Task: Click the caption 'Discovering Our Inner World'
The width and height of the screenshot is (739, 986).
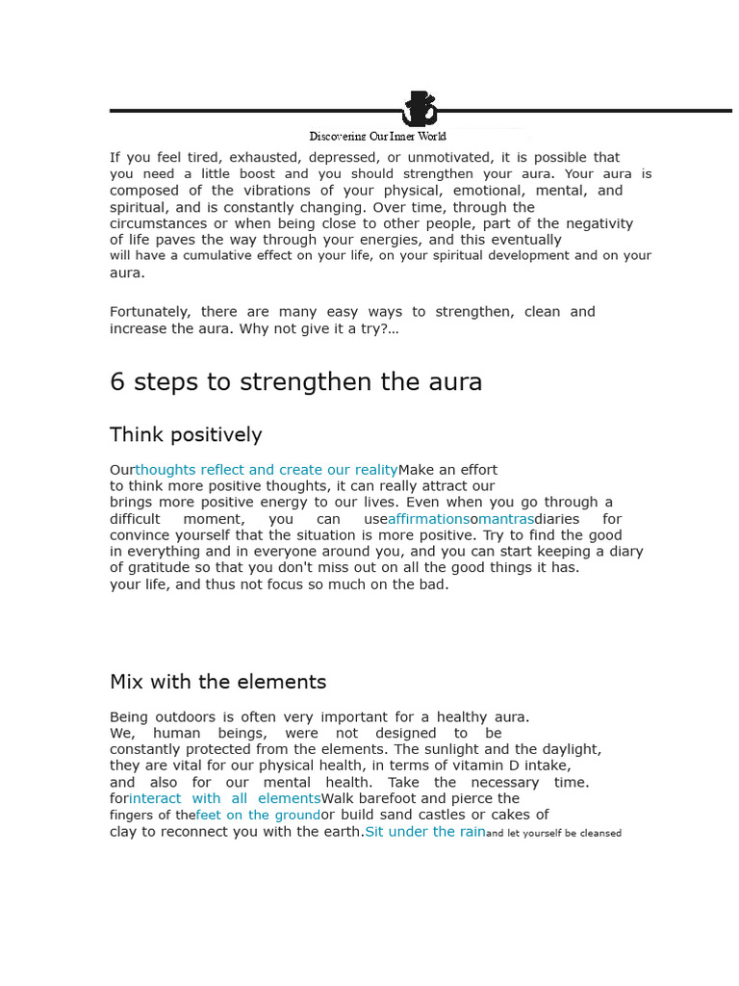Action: tap(377, 136)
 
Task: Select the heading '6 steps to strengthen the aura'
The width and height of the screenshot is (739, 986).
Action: tap(295, 382)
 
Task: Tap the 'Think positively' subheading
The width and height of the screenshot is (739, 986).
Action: tap(186, 434)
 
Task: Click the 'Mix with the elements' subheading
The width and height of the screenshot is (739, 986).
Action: tap(217, 682)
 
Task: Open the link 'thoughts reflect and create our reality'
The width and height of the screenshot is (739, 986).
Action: tap(267, 470)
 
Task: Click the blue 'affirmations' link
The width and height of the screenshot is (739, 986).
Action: tap(428, 519)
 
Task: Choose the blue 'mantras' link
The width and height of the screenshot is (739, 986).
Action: tap(506, 519)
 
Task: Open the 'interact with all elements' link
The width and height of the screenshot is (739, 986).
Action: tap(224, 798)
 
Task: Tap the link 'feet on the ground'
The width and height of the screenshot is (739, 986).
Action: tap(258, 816)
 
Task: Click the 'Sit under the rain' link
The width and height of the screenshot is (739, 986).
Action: tap(425, 832)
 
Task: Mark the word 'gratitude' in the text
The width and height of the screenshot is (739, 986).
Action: tap(160, 567)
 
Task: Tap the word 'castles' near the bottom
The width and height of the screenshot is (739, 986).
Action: tap(450, 816)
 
